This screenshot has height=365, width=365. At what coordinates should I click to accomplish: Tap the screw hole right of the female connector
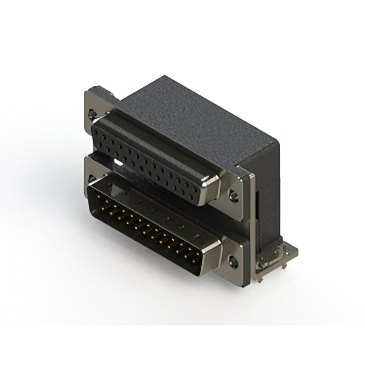(x=233, y=196)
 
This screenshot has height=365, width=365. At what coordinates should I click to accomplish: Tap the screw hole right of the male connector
(x=232, y=263)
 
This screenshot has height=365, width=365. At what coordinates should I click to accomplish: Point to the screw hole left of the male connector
(x=92, y=179)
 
